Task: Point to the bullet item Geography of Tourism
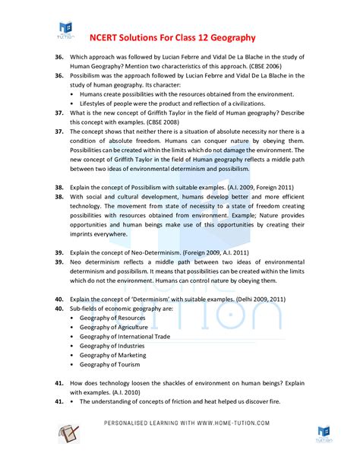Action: click(109, 364)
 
